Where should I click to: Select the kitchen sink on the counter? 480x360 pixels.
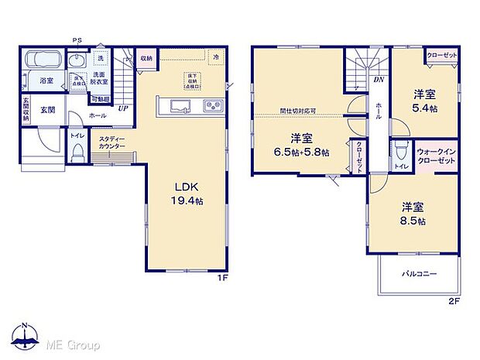tap(177, 106)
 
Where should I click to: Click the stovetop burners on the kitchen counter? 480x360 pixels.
tap(211, 106)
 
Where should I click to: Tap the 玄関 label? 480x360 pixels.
tap(46, 110)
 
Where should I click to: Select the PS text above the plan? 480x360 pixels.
tap(77, 40)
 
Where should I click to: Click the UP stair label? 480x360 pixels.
tap(123, 108)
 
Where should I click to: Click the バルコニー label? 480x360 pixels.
tap(419, 274)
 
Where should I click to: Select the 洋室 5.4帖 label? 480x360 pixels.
tap(424, 100)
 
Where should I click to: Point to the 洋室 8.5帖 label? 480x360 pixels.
tap(413, 214)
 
